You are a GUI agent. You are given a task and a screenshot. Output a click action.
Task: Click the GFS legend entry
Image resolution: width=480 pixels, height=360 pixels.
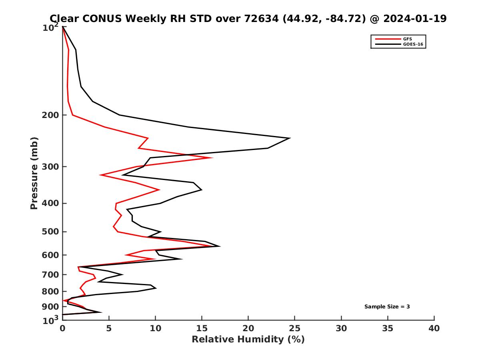tap(407, 39)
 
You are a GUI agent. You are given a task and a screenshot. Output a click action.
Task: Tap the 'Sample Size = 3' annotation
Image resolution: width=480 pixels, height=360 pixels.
tap(387, 307)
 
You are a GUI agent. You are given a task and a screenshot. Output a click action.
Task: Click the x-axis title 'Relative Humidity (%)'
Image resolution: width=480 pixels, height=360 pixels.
tap(248, 340)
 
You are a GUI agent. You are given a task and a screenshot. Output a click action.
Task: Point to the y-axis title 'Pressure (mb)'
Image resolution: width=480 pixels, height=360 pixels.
tap(34, 173)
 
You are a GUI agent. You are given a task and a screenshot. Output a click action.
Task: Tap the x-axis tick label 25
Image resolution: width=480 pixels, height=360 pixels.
tap(295, 329)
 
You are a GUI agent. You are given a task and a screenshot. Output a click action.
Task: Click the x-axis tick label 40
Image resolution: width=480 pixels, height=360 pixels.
tap(434, 329)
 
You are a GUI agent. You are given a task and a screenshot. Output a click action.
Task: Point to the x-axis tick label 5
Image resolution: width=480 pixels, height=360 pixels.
tap(109, 329)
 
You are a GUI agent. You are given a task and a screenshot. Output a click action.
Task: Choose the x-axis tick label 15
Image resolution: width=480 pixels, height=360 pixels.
tap(202, 329)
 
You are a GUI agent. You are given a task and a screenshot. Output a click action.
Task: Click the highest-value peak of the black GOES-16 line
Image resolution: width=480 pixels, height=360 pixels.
tap(290, 138)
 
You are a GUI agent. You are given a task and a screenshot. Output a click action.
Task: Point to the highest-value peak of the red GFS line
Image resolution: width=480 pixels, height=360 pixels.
tap(212, 158)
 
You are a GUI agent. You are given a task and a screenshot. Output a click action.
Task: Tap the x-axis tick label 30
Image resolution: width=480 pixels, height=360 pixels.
tap(341, 329)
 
